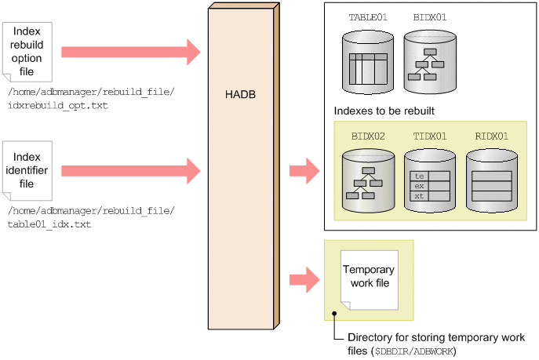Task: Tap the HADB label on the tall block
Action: pos(240,95)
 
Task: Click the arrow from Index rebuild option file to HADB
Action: pos(130,52)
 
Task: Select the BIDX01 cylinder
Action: pos(429,60)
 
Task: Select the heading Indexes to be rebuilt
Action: pos(384,111)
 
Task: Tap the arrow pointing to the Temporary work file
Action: pos(303,278)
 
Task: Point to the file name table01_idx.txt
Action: pos(49,224)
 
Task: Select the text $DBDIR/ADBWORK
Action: pos(415,350)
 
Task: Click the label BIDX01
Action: pos(429,16)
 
